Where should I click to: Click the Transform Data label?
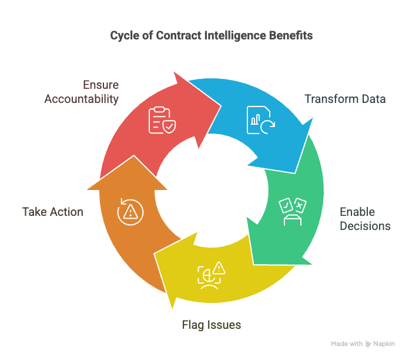tap(345, 99)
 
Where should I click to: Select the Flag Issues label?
tap(211, 325)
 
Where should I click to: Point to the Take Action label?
tap(53, 212)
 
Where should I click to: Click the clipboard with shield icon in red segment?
tap(161, 120)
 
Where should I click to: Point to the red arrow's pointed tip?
tap(221, 106)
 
